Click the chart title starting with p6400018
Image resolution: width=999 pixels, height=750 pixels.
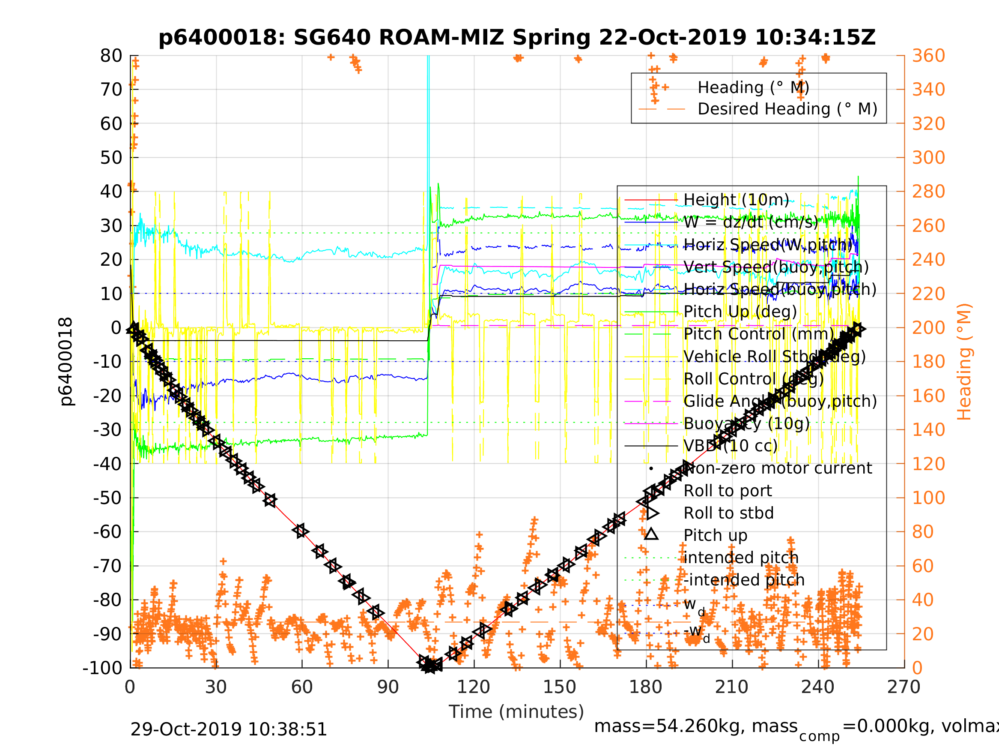[x=517, y=38]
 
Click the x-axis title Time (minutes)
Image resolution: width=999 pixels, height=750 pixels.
[x=516, y=711]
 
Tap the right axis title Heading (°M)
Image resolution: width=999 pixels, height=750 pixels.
[x=964, y=362]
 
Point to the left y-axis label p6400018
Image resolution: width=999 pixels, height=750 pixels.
[x=66, y=362]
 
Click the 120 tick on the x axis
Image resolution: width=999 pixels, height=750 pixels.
[x=474, y=687]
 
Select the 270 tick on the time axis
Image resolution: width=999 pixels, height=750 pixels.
[x=904, y=687]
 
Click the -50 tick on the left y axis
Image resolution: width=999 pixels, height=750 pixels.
[x=107, y=498]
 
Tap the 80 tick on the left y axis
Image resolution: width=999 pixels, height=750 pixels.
[x=111, y=56]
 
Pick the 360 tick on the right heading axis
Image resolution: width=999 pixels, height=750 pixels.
[x=928, y=56]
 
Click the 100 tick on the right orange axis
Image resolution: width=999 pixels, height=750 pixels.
[x=928, y=498]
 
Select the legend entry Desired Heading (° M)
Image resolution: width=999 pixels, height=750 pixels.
[x=787, y=109]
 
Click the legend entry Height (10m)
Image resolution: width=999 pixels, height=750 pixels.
[x=736, y=199]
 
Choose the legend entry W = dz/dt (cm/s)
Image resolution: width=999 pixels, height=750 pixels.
[x=751, y=222]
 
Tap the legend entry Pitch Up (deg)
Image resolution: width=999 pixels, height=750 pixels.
[x=740, y=312]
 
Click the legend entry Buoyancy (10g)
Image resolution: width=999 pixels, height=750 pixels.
[x=746, y=423]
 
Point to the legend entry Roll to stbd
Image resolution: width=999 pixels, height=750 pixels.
[x=728, y=513]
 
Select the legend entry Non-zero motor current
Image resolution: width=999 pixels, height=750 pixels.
[x=778, y=468]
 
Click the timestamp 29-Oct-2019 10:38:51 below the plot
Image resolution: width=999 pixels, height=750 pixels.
[x=229, y=730]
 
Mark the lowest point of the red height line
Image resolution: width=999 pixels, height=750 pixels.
[x=428, y=666]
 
